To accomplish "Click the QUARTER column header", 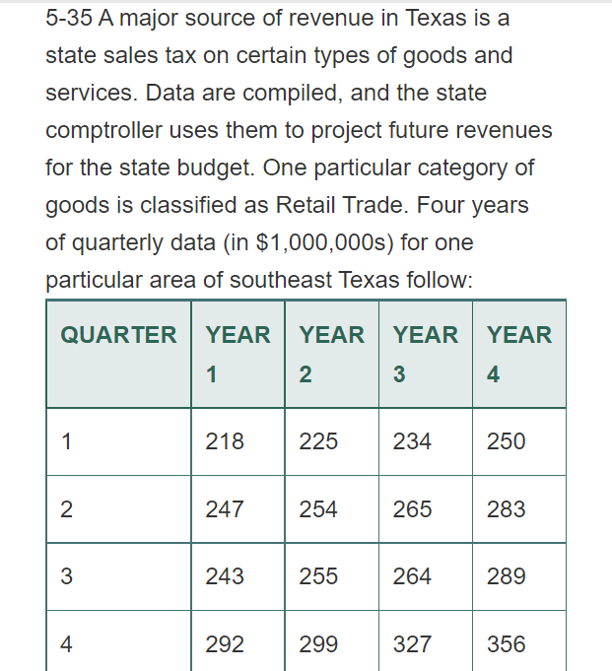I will (118, 335).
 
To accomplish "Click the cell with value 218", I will (225, 441).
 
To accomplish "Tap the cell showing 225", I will (318, 441).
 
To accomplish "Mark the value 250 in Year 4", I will (507, 441).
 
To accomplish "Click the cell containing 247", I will (225, 509).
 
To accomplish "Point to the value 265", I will (412, 509).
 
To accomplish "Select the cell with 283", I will (507, 509).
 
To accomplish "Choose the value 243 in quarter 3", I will (225, 576).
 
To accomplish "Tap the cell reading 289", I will (507, 576).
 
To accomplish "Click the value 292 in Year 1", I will (225, 644).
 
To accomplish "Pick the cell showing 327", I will (412, 644).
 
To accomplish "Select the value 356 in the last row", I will (507, 644).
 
